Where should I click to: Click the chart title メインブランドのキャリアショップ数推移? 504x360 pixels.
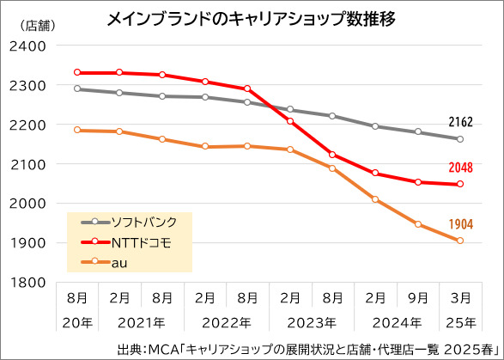251,18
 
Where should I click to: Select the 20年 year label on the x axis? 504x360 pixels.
77,324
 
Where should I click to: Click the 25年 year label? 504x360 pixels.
461,324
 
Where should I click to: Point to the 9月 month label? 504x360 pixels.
418,300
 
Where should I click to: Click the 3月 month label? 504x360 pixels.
461,300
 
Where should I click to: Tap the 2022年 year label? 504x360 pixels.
226,324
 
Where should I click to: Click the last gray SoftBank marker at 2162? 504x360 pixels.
461,139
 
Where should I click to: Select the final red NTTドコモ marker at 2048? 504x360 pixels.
461,184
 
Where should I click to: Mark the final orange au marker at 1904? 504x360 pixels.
461,241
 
